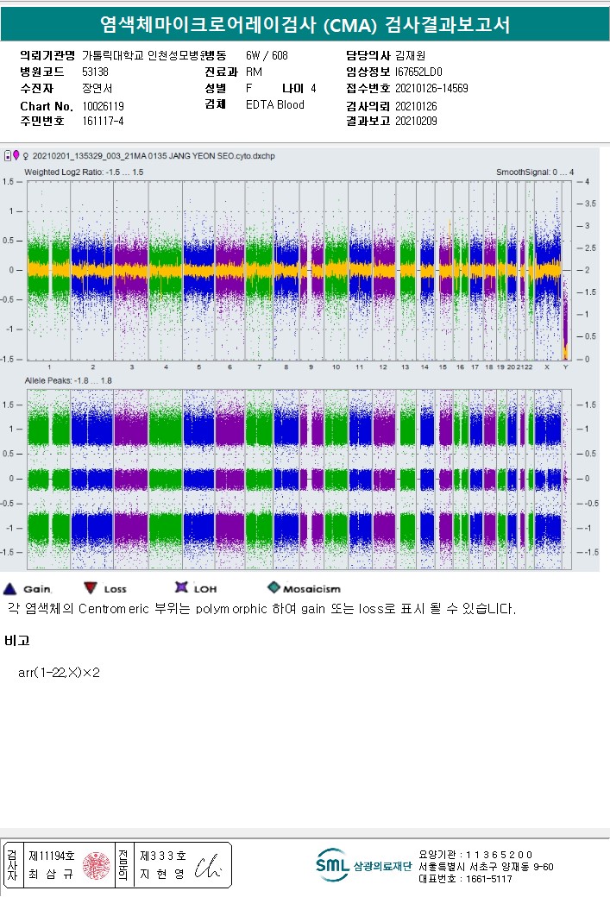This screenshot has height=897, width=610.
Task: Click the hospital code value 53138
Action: tap(95, 72)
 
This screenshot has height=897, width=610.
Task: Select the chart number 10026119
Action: tap(103, 105)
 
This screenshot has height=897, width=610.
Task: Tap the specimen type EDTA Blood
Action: tap(274, 104)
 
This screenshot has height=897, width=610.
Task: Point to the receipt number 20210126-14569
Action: tap(431, 88)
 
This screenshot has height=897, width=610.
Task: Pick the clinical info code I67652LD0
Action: tap(418, 72)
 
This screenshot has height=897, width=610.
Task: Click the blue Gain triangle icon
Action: tap(11, 588)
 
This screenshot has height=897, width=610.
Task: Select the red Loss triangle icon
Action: tap(91, 588)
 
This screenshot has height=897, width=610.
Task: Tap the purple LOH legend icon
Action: tap(181, 588)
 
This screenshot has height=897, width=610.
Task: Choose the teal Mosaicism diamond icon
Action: tap(274, 588)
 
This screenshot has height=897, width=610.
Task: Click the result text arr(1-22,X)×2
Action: tap(59, 673)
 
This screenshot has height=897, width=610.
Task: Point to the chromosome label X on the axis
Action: tap(546, 367)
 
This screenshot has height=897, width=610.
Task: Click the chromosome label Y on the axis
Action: tap(565, 367)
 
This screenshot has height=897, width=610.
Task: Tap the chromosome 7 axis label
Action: tap(259, 367)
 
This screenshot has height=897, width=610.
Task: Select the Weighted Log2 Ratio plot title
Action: tap(83, 172)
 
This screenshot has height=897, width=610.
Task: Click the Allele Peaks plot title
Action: tap(68, 380)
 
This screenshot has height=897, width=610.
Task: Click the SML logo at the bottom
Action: tap(331, 865)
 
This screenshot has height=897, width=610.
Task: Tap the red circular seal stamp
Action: tap(96, 866)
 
